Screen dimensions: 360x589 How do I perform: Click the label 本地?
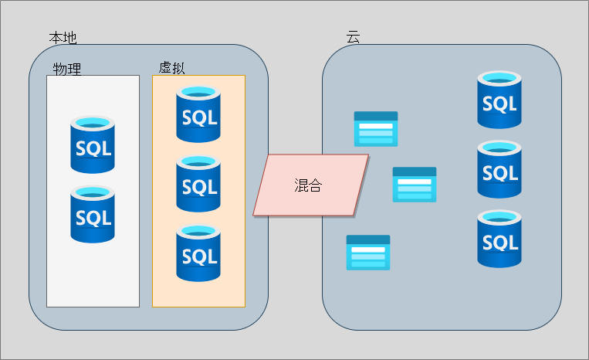(x=63, y=38)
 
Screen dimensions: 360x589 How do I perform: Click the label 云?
(x=353, y=37)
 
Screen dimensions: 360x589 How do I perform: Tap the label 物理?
(x=67, y=70)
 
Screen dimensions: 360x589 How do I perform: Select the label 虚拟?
(x=172, y=68)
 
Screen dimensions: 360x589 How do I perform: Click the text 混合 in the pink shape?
(x=308, y=185)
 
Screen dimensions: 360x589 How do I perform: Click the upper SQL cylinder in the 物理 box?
(x=93, y=144)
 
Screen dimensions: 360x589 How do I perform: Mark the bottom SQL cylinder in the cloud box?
(x=499, y=239)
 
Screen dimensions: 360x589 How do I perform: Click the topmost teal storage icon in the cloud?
(x=376, y=129)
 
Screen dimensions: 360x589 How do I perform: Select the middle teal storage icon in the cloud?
(x=415, y=185)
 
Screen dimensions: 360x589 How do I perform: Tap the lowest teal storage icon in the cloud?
(x=368, y=253)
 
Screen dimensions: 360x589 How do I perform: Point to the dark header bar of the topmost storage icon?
(x=376, y=116)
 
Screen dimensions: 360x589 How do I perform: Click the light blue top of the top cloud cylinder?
(x=499, y=78)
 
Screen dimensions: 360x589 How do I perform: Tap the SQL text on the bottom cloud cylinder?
(x=499, y=243)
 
